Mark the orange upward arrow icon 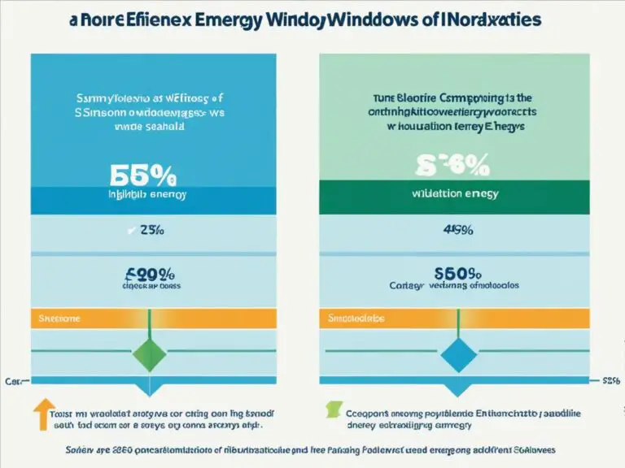pyautogui.click(x=43, y=413)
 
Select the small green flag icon pyautogui.click(x=331, y=410)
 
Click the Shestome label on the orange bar pyautogui.click(x=59, y=318)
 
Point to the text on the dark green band pyautogui.click(x=453, y=194)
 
